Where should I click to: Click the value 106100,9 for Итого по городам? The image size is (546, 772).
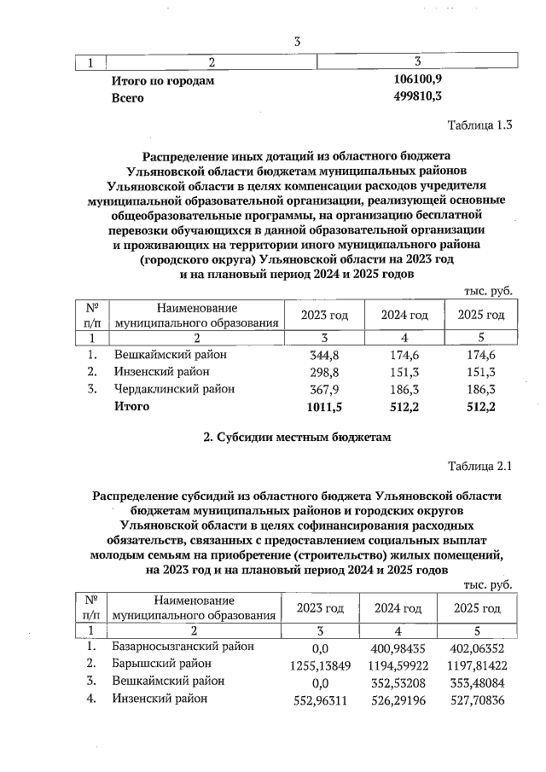(417, 80)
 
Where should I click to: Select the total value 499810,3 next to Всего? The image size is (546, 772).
(417, 97)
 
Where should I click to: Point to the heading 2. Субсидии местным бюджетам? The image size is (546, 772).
(295, 438)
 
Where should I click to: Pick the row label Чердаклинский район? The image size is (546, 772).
(173, 389)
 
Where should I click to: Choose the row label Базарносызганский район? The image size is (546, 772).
(183, 647)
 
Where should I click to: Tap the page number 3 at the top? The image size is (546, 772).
(296, 41)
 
